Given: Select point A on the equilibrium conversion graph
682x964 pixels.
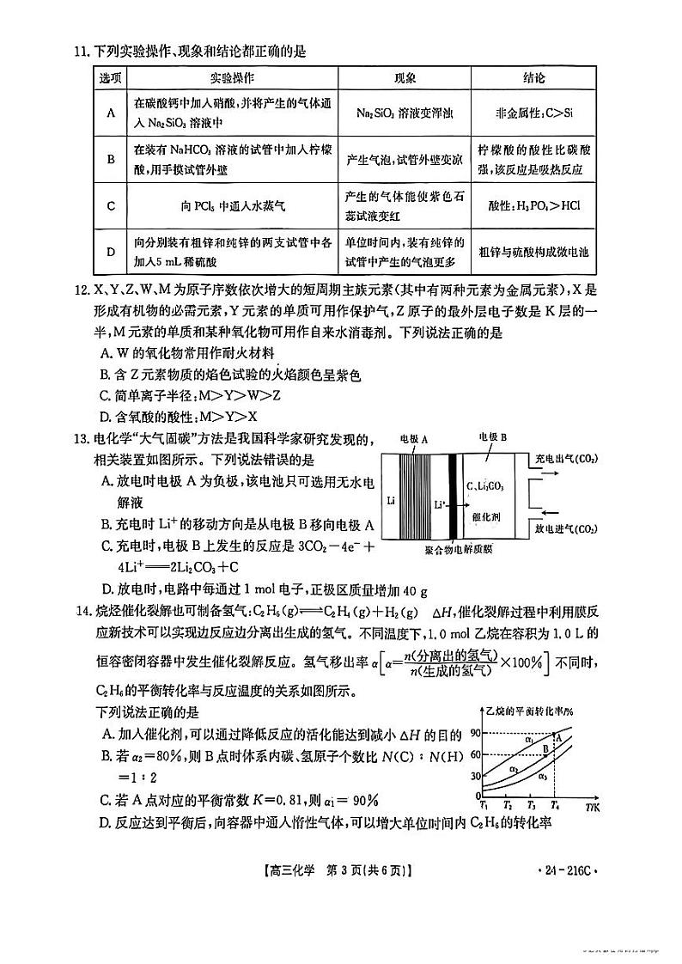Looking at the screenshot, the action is (559, 736).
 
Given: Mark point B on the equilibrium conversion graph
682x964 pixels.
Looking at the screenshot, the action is (545, 749).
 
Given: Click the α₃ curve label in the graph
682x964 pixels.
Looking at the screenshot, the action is (543, 776).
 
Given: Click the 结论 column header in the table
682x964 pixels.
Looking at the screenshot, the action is (533, 78).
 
